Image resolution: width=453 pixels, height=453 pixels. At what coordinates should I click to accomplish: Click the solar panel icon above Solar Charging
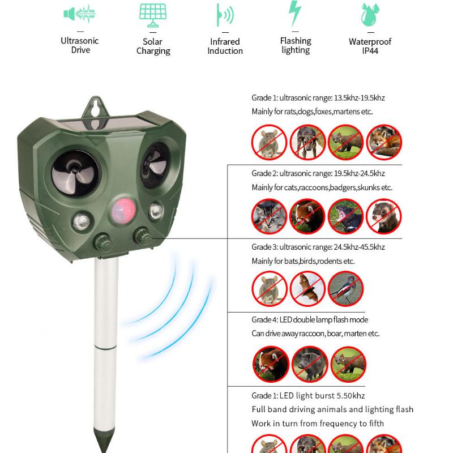coord(153,15)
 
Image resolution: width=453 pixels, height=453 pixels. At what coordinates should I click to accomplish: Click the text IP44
coord(370,51)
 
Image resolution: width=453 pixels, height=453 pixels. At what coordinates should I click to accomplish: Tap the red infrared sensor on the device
coord(121,208)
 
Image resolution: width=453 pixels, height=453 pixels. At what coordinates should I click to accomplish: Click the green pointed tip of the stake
coord(105,442)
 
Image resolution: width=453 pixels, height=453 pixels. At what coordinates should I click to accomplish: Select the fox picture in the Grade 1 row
coord(384,142)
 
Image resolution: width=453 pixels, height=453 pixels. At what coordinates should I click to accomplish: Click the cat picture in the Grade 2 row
coord(270,216)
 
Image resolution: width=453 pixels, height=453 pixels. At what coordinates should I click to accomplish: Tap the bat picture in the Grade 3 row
coord(307,288)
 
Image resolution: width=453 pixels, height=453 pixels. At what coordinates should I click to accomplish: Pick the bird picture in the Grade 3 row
coord(345,288)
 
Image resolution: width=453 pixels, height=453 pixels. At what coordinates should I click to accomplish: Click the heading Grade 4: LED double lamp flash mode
coord(310,320)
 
